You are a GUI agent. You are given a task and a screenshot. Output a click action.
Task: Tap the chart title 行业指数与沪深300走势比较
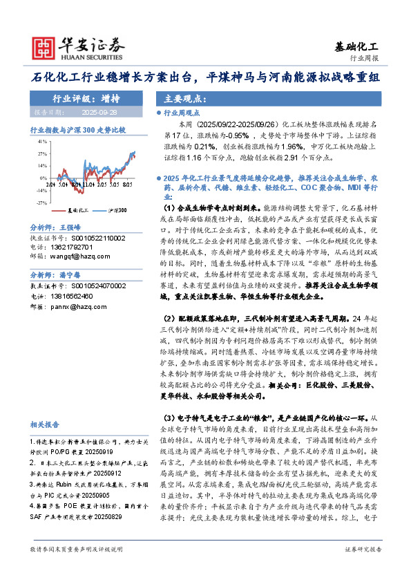pos(77,129)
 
